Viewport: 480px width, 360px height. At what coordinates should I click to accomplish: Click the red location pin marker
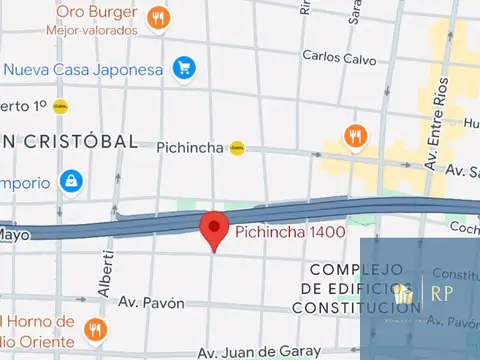click(213, 229)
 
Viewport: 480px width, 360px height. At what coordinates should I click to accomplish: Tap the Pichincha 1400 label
click(290, 233)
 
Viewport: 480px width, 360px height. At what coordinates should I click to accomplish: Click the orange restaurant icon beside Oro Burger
click(157, 18)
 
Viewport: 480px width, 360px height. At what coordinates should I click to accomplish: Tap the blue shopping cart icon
click(183, 68)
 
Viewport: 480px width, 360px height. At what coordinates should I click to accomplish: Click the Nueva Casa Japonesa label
click(85, 69)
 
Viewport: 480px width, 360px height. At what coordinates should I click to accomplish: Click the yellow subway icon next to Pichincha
click(237, 147)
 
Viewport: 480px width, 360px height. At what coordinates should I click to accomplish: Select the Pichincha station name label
click(192, 147)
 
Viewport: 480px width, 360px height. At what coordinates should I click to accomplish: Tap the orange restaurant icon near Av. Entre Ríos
click(353, 135)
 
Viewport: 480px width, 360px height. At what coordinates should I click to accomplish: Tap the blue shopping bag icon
click(70, 181)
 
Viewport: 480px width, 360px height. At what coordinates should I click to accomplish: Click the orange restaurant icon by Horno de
click(95, 329)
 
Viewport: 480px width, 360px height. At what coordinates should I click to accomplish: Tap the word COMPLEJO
click(356, 269)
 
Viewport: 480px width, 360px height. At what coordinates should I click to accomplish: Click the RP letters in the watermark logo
click(442, 292)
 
